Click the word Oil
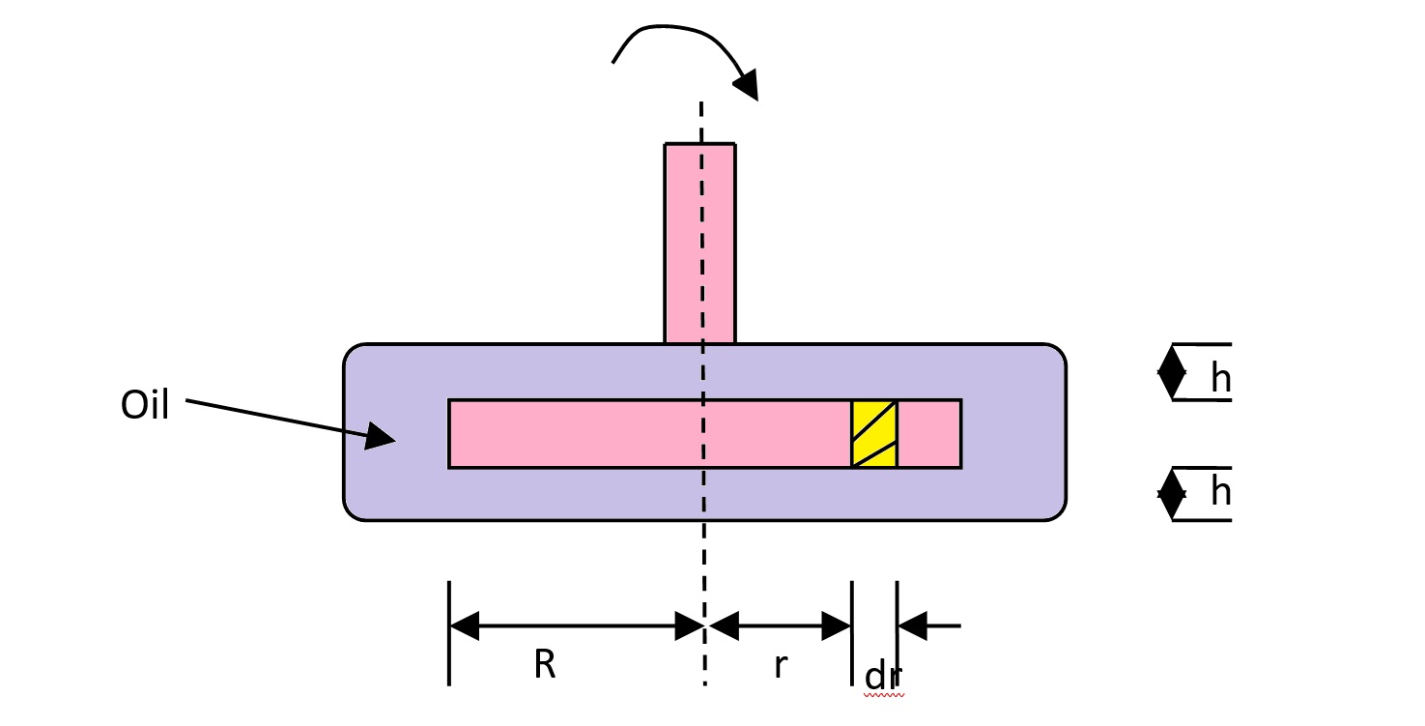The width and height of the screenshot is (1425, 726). [145, 406]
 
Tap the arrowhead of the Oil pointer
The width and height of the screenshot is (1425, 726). [380, 437]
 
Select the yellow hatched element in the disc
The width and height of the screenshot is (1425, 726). [874, 434]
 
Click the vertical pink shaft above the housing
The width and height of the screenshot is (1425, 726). [683, 242]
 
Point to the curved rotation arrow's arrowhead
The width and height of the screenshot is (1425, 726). [746, 85]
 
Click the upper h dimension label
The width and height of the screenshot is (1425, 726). [1220, 380]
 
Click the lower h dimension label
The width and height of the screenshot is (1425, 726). [1220, 493]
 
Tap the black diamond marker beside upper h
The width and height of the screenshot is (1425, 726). [1172, 372]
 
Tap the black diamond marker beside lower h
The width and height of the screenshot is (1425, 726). [1172, 494]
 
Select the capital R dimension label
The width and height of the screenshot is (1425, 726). [545, 665]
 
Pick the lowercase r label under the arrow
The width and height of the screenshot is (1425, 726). [781, 666]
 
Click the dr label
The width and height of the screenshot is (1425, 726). [883, 677]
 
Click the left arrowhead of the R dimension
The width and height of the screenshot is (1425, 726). [465, 625]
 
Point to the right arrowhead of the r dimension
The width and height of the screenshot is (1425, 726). [837, 625]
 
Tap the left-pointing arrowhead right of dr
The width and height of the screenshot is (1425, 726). [912, 625]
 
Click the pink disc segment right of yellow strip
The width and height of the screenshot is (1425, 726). [929, 434]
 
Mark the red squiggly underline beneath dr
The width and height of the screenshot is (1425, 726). [884, 694]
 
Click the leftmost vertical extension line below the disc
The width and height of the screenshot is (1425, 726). [449, 633]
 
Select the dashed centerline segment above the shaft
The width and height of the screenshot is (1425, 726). [701, 121]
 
